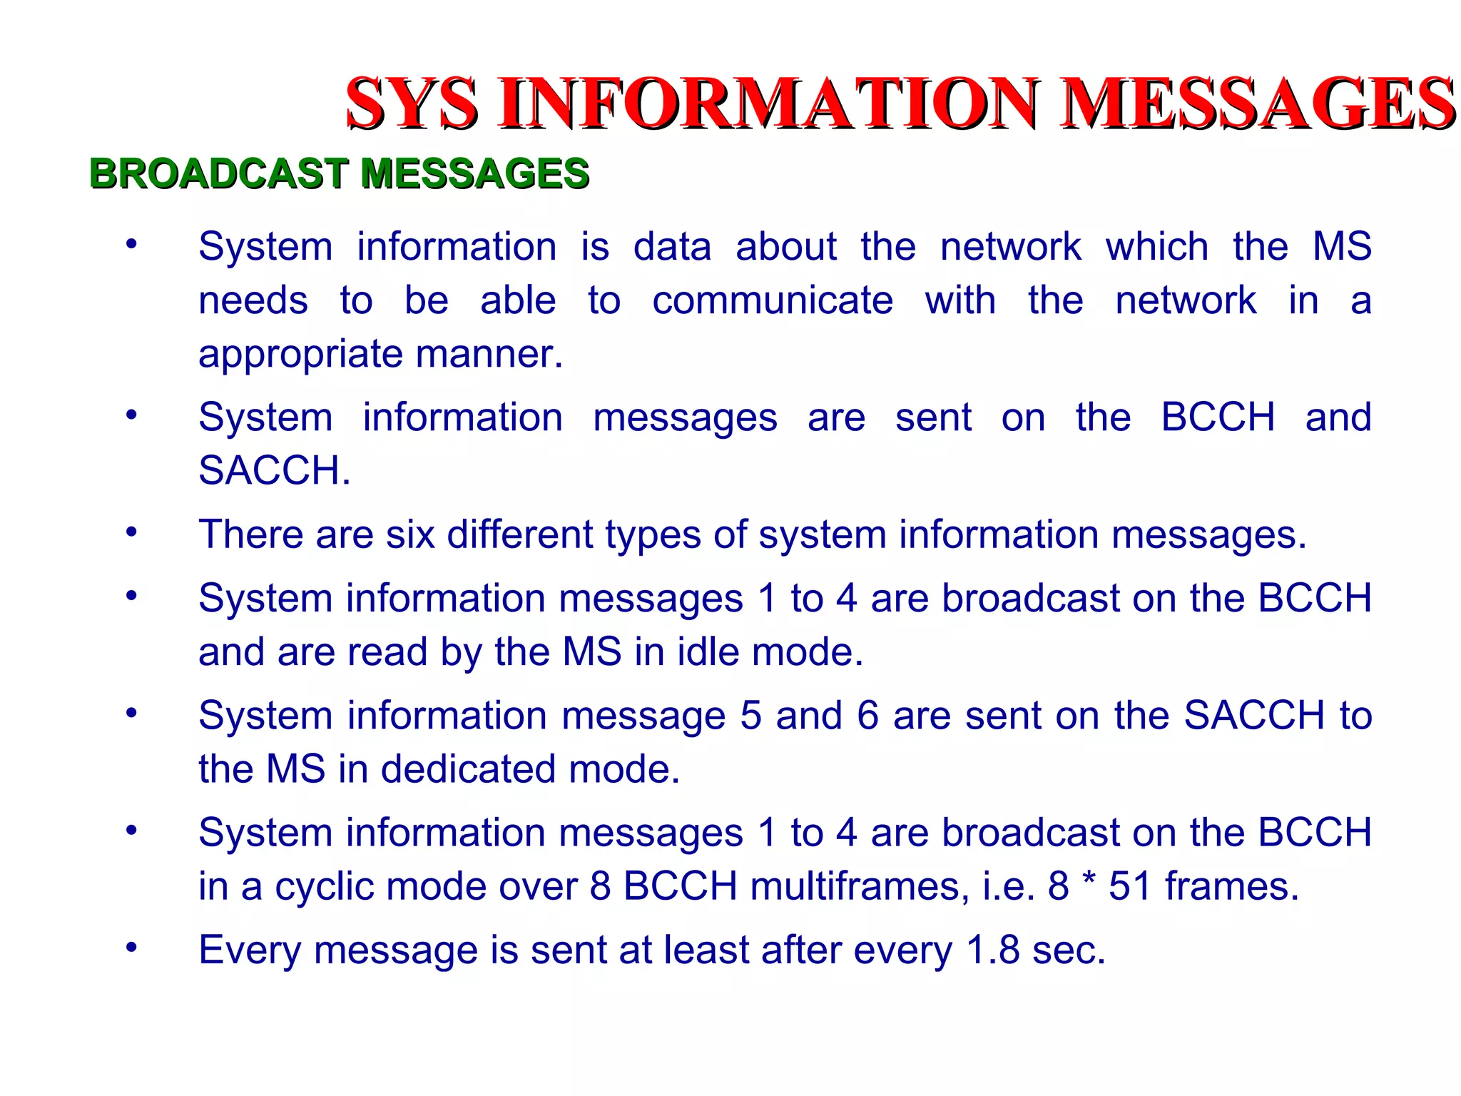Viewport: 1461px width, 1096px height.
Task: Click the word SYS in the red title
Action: (x=412, y=104)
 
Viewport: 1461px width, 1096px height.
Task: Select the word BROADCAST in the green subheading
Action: (x=219, y=173)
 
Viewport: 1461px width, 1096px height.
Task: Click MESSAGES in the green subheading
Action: (x=475, y=173)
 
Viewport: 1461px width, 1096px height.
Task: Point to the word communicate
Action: (x=773, y=300)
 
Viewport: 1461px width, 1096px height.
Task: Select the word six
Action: (x=410, y=534)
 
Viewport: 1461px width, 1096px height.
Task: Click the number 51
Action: (x=1131, y=887)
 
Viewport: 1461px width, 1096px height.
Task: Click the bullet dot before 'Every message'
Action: (x=131, y=948)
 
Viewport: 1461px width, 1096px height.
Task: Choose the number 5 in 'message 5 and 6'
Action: (x=750, y=716)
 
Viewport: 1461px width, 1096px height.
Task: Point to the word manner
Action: (x=489, y=354)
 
